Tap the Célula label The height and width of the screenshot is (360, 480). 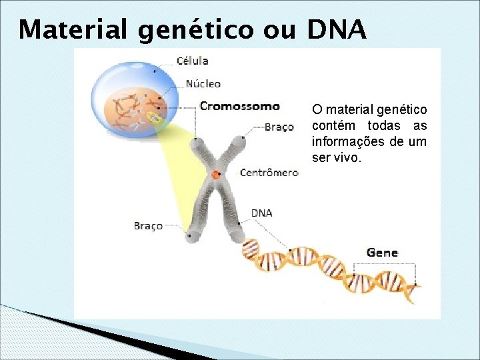(x=192, y=61)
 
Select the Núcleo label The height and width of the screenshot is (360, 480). (x=203, y=84)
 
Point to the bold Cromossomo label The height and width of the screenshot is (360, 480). (x=240, y=106)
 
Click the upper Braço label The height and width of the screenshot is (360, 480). (x=279, y=127)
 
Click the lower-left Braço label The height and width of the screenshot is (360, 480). (x=148, y=226)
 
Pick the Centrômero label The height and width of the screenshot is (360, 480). (x=269, y=173)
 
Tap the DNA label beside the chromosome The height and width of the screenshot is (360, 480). (x=261, y=213)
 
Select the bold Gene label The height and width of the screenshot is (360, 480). (x=382, y=253)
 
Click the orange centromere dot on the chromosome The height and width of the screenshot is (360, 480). (x=216, y=175)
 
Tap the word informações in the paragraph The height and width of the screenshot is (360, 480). (x=349, y=142)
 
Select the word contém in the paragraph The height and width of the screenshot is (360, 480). (x=333, y=126)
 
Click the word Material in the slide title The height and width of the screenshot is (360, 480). (x=74, y=30)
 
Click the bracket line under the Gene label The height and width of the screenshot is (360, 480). (x=385, y=265)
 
